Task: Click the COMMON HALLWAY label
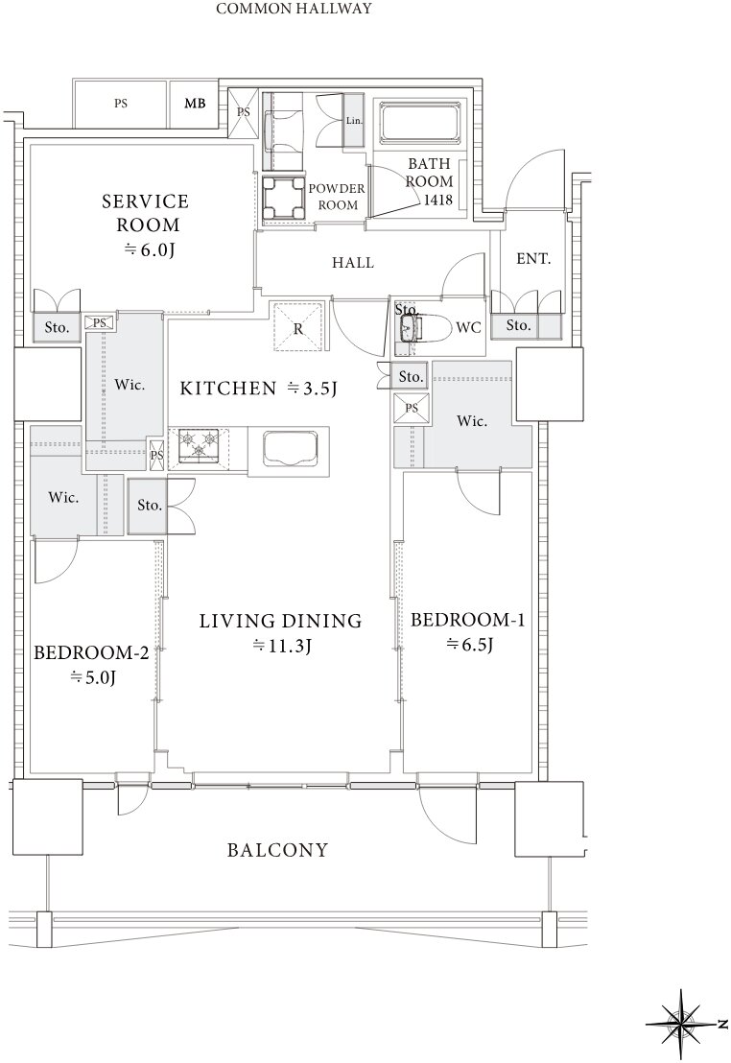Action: click(294, 9)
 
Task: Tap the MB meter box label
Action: click(195, 104)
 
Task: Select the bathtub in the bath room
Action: click(419, 124)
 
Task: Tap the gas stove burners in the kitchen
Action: click(199, 445)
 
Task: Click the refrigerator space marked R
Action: click(298, 326)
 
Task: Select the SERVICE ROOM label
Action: click(146, 213)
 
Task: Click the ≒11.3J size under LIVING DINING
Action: click(281, 646)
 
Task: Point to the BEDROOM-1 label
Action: click(467, 620)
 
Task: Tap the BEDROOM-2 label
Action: click(91, 652)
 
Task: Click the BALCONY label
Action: click(277, 850)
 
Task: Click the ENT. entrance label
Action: click(533, 258)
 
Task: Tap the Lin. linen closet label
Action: click(354, 121)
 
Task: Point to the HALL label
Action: click(353, 262)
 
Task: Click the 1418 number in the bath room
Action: click(438, 200)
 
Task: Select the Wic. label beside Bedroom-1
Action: click(471, 420)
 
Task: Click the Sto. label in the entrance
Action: click(518, 324)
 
